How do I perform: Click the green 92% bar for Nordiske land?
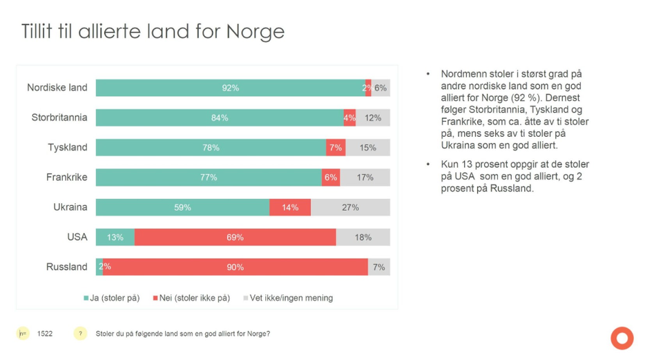tap(230, 88)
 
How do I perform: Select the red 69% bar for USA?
tap(235, 237)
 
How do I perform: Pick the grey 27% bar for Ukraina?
tap(350, 207)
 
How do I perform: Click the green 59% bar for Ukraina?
tap(182, 207)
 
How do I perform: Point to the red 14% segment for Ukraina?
tap(290, 207)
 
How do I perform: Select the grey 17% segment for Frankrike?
tap(365, 178)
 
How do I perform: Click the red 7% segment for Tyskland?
tap(336, 148)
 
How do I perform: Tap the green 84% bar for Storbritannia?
tap(220, 117)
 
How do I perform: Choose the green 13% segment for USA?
tap(115, 237)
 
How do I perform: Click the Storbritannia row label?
tap(59, 117)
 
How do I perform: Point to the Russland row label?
tap(66, 267)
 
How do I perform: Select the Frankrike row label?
tap(66, 178)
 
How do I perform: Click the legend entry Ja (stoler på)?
tap(112, 298)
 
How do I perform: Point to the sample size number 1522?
tap(44, 334)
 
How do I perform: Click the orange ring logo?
tap(622, 338)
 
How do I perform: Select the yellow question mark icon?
tap(81, 334)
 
